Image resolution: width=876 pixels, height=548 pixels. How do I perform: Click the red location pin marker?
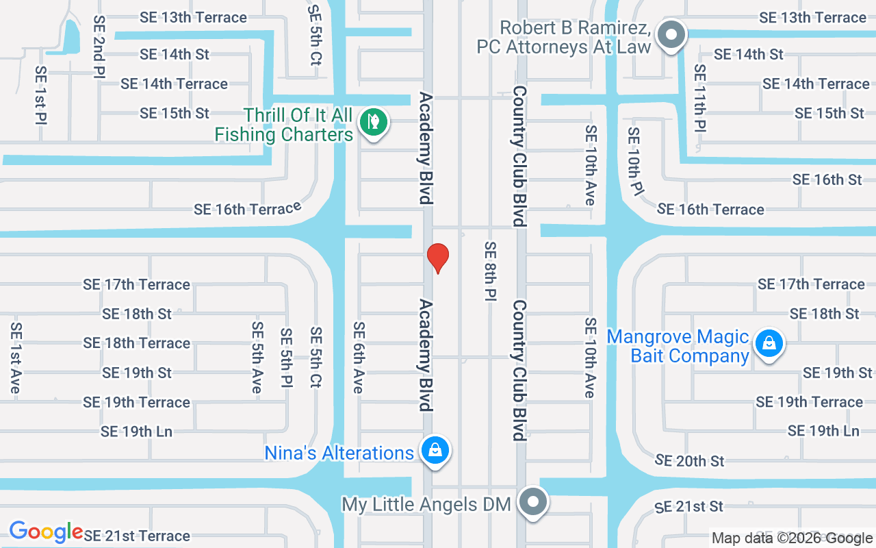point(437,258)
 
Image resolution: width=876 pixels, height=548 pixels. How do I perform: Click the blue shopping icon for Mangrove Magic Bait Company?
point(769,342)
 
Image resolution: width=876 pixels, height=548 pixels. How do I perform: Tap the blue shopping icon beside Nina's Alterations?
point(435,451)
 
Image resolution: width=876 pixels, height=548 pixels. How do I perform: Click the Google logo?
point(46,532)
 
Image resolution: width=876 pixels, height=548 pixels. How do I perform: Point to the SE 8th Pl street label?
point(490,271)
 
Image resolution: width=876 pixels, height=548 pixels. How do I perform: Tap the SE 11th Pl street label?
point(699,97)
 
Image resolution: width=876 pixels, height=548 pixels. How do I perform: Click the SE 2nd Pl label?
point(100,47)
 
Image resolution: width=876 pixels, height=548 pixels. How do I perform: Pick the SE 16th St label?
point(827,179)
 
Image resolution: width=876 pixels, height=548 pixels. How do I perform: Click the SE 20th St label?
point(689,460)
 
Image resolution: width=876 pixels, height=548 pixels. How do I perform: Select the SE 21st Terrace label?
point(136,536)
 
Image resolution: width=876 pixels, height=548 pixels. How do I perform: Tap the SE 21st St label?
point(688,507)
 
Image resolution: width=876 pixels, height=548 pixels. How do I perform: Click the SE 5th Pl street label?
point(286,360)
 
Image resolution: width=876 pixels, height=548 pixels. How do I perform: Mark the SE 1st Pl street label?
point(40,95)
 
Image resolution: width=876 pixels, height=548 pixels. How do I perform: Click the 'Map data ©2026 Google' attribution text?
point(792,538)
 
